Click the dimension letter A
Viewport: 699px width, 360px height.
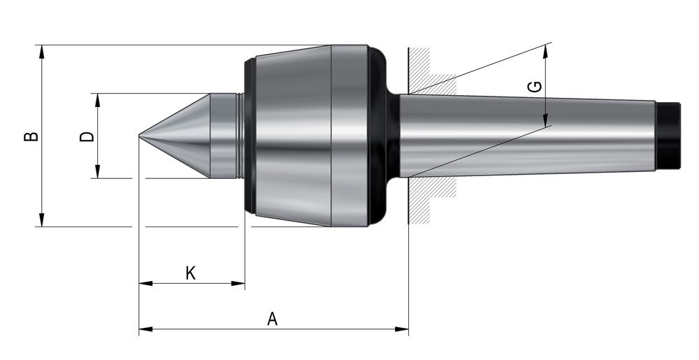click(x=273, y=319)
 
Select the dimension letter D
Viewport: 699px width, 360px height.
click(x=87, y=135)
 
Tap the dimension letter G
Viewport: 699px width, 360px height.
click(x=534, y=87)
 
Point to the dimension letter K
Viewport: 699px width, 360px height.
click(x=190, y=273)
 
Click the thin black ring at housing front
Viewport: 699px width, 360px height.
click(x=249, y=136)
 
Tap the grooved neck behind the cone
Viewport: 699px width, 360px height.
click(x=240, y=136)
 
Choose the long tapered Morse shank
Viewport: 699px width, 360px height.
click(x=524, y=136)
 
